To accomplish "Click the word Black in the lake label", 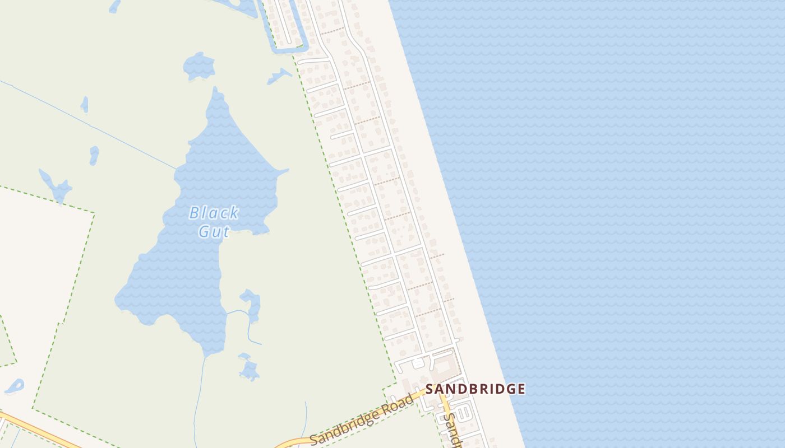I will click(x=214, y=213).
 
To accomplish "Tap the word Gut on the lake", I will click(x=214, y=231).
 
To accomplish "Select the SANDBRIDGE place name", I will click(x=475, y=389).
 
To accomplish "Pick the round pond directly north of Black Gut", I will click(x=199, y=66).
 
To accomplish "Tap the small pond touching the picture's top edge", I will click(x=114, y=6).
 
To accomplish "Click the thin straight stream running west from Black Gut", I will click(x=90, y=126).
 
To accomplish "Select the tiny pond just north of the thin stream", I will click(x=85, y=104).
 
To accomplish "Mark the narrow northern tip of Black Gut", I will click(x=215, y=92).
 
